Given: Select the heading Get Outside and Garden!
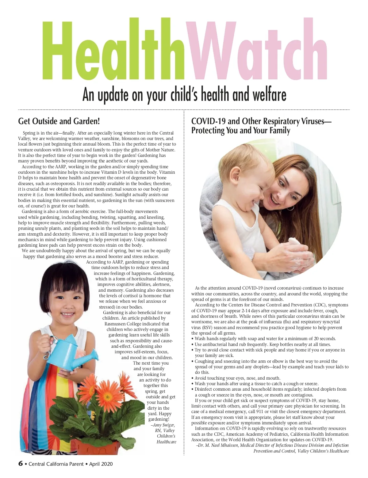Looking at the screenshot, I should coord(59,121).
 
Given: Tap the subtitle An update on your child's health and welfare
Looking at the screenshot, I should coord(184,95).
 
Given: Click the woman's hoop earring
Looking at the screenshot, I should coord(289,207).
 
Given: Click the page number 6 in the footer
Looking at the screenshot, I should coord(21,463).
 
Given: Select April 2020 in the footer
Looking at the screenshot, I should coord(101,464).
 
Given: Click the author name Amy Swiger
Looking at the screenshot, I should coord(164,425).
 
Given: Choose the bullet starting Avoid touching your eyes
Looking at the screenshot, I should coord(237,378).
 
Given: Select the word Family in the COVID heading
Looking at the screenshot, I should coord(279,131).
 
